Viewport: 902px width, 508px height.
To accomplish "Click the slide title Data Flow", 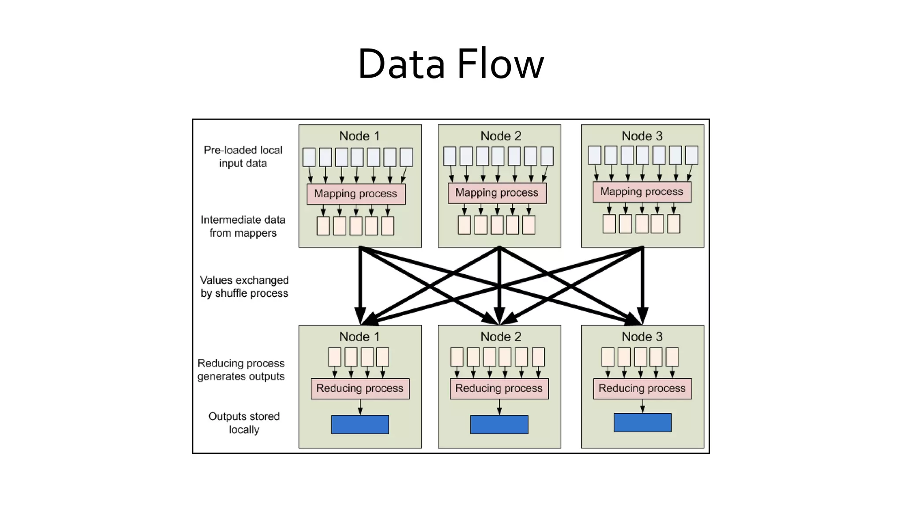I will point(451,64).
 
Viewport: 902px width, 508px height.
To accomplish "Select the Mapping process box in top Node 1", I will point(356,194).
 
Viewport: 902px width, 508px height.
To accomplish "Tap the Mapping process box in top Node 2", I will point(497,193).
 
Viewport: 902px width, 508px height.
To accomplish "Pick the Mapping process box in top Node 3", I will point(642,192).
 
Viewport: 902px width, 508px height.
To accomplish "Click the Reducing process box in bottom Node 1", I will point(360,388).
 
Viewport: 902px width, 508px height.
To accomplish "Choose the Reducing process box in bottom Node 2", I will point(499,388).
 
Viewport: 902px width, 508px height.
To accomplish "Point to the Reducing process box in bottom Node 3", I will point(642,388).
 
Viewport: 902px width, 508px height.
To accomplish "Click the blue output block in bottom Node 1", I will point(360,424).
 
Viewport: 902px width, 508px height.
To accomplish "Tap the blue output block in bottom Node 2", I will point(499,424).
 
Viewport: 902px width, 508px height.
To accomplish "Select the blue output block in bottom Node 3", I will point(642,422).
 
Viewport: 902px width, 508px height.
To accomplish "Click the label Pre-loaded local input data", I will point(243,157).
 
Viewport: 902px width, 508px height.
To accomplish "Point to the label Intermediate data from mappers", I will point(243,226).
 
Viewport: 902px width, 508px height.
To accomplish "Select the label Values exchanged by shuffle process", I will point(244,287).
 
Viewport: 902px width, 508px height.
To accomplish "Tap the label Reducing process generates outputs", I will point(241,370).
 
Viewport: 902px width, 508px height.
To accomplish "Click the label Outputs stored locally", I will point(244,423).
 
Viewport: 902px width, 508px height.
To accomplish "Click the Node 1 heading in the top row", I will point(359,136).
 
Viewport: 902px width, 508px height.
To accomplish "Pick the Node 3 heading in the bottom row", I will point(642,337).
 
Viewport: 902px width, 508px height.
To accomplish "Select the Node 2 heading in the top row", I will point(500,136).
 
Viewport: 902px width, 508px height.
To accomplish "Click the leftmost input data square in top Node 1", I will point(309,157).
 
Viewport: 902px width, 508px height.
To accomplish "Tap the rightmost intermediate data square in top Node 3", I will point(673,224).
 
